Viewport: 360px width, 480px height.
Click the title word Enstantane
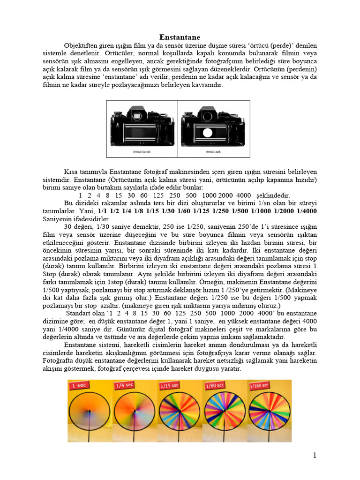point(180,37)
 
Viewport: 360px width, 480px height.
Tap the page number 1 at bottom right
point(315,455)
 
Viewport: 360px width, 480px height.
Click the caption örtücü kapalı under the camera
point(142,152)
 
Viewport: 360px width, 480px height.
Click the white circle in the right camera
point(207,133)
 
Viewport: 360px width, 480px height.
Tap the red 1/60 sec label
point(214,386)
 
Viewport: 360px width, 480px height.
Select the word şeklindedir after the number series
point(275,195)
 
